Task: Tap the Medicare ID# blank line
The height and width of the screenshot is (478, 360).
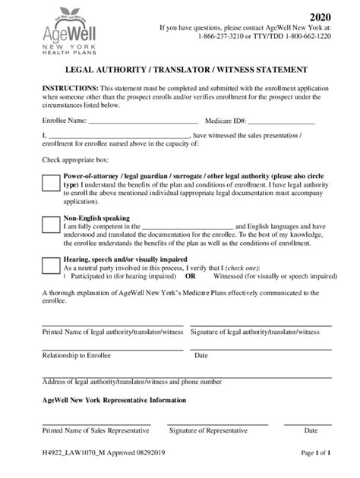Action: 281,121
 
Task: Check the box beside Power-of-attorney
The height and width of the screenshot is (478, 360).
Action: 51,183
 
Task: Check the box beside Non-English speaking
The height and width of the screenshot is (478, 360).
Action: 51,224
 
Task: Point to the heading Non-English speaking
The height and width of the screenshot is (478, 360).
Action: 96,216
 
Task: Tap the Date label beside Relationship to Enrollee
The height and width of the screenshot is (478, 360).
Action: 201,354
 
